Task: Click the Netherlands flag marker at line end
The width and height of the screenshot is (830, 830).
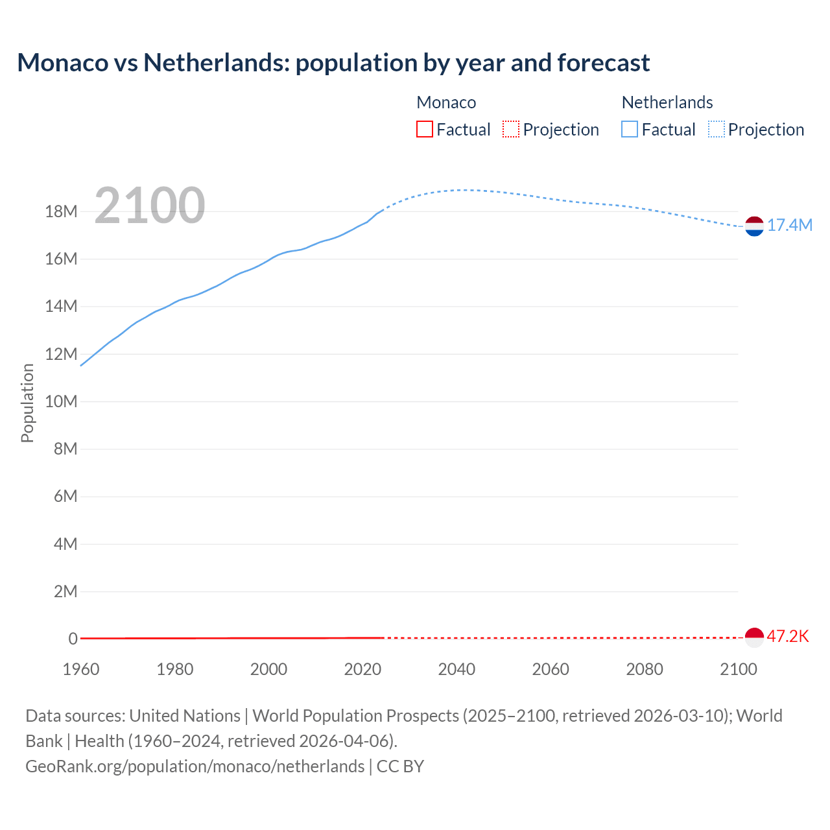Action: click(754, 226)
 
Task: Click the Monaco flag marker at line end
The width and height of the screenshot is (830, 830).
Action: click(754, 637)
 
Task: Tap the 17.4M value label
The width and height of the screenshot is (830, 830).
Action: click(789, 226)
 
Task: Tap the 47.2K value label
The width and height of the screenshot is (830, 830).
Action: click(788, 637)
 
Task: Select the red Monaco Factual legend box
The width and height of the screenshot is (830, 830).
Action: click(425, 130)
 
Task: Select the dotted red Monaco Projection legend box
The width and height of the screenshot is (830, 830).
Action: click(511, 130)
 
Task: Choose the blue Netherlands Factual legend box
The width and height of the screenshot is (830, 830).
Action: click(630, 130)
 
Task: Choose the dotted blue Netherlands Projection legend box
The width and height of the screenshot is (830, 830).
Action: click(716, 130)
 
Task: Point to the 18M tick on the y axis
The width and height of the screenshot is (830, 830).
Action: click(61, 212)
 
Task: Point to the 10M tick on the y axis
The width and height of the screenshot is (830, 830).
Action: click(61, 402)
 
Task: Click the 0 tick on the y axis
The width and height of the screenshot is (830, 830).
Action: click(73, 639)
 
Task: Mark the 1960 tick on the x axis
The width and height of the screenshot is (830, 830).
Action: click(81, 669)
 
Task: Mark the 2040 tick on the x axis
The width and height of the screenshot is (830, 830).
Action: click(456, 669)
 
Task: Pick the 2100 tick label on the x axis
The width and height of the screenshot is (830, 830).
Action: click(738, 669)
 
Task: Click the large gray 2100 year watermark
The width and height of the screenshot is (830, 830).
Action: click(150, 206)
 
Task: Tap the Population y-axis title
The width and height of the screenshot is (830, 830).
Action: click(27, 403)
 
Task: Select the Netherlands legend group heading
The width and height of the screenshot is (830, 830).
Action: click(667, 102)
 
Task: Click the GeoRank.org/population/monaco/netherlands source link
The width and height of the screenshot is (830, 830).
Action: click(195, 766)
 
